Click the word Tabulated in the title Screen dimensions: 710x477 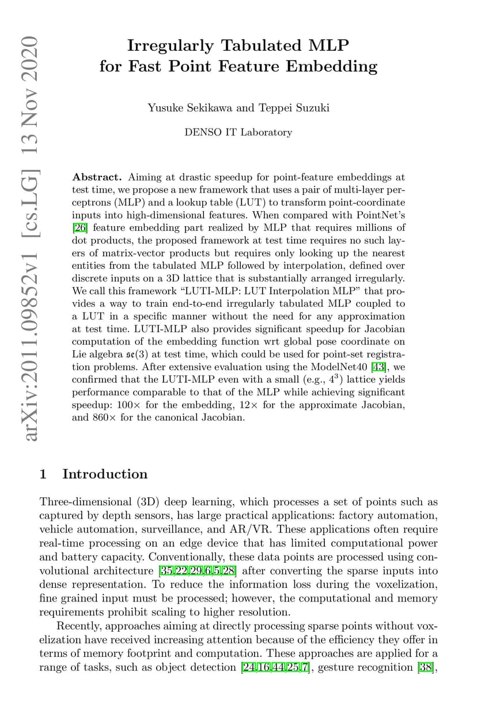click(x=254, y=46)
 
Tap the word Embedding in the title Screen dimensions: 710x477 click(x=332, y=66)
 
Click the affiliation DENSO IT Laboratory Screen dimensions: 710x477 click(x=238, y=132)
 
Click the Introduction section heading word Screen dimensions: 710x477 click(x=105, y=474)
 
